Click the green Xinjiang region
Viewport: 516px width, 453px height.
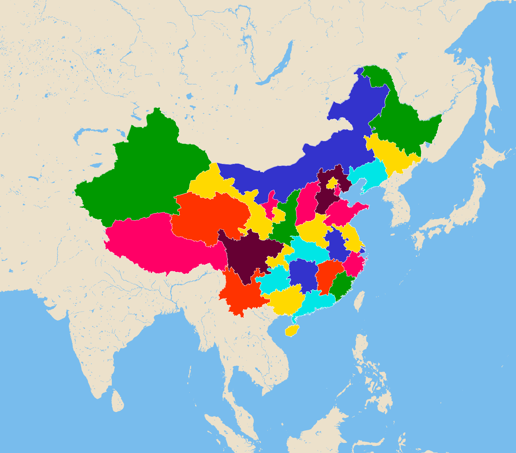click(144, 175)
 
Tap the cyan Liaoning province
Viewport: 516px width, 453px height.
click(368, 175)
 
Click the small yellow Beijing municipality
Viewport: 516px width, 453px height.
click(332, 183)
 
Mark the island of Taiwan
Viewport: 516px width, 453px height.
click(360, 301)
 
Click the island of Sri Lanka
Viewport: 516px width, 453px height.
click(118, 402)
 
